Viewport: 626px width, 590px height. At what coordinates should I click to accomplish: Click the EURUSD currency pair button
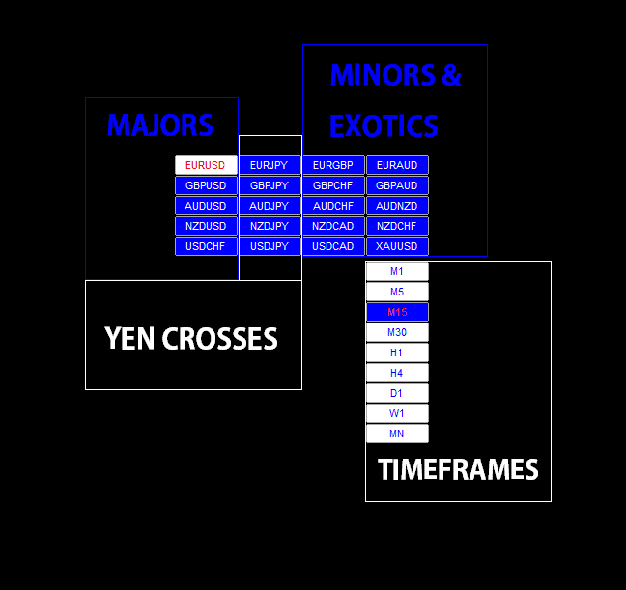(x=206, y=165)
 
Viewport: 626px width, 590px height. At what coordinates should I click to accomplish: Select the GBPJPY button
(x=270, y=185)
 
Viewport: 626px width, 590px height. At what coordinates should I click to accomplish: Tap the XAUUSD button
(x=397, y=246)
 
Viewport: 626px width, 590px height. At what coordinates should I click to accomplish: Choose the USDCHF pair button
(x=206, y=246)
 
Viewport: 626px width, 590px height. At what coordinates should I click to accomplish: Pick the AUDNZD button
(x=397, y=206)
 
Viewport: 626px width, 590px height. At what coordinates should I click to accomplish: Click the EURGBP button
(x=333, y=165)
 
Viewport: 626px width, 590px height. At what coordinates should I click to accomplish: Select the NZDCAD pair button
(x=333, y=226)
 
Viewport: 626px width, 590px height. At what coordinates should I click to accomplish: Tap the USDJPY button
(x=270, y=246)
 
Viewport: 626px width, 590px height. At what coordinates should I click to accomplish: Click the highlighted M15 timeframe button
(x=397, y=312)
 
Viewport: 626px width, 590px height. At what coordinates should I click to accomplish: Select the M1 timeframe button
(x=397, y=271)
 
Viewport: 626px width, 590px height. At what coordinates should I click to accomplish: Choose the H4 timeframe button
(x=397, y=373)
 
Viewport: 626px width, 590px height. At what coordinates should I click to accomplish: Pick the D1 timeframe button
(x=397, y=393)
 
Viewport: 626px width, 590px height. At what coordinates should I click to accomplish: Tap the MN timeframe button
(x=397, y=434)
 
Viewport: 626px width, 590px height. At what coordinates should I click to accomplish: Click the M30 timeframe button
(x=397, y=332)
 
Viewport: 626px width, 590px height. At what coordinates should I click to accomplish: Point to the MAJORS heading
(x=159, y=126)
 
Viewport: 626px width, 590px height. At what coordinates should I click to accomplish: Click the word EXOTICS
(x=384, y=126)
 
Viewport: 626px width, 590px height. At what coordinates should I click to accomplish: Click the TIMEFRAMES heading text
(x=458, y=470)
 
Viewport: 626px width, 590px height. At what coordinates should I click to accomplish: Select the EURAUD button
(x=397, y=165)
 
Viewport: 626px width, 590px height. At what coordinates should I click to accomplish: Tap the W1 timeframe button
(x=397, y=413)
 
